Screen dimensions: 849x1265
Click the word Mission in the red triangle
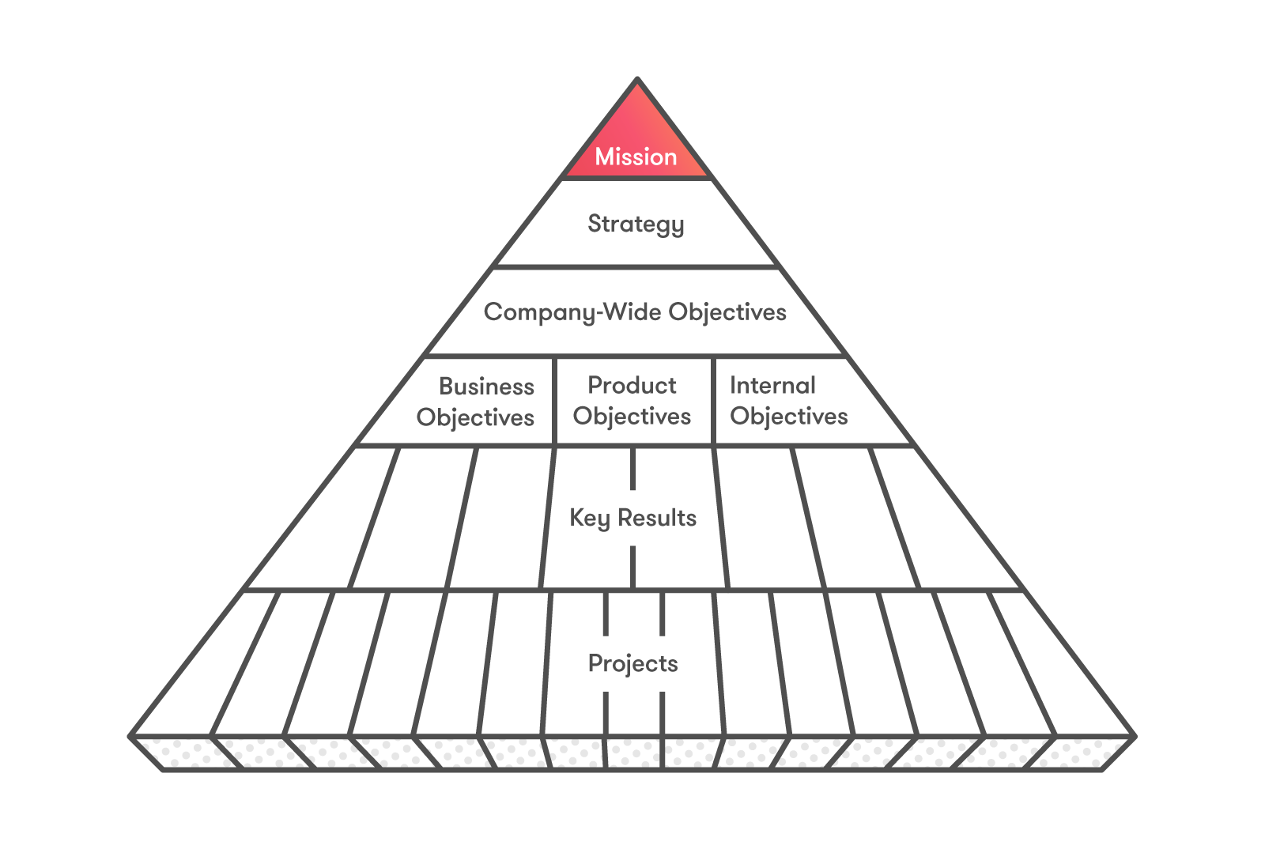pos(636,157)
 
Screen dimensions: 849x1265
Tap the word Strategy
pos(636,225)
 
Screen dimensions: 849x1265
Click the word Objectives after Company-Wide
pos(727,312)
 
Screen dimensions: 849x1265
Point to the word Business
pos(486,387)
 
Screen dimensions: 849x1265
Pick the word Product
pos(632,385)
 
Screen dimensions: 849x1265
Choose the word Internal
pos(772,385)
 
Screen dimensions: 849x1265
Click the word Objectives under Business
pos(475,417)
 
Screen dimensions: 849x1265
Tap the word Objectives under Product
pos(632,417)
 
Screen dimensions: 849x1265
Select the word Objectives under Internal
pos(788,417)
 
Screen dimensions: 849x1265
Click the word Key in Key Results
pos(589,519)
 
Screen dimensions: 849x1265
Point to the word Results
pos(657,518)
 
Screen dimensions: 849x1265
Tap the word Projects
pos(632,663)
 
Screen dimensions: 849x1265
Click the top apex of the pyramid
pos(637,79)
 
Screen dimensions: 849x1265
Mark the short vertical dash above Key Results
pos(632,469)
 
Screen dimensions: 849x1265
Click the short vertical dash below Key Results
pos(632,567)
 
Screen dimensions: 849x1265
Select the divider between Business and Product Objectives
pos(555,401)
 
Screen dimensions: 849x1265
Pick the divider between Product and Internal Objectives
pos(713,401)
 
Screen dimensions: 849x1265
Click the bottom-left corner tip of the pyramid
pos(130,737)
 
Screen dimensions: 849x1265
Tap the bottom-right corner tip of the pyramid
pos(1135,737)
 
